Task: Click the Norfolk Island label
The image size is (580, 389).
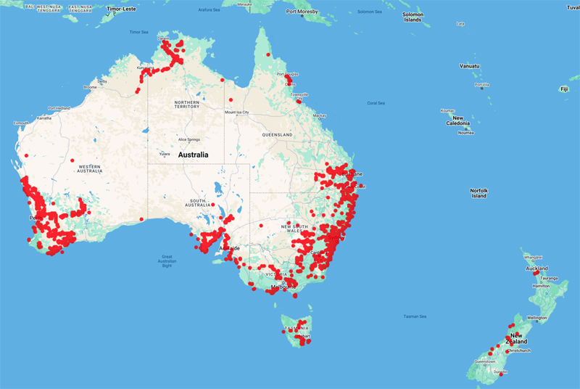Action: [478, 193]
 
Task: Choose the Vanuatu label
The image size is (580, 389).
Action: [469, 65]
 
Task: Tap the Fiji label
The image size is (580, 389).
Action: [563, 89]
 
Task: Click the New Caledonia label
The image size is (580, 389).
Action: [457, 121]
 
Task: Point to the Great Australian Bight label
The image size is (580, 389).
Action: [167, 261]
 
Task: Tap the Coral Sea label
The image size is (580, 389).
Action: [376, 103]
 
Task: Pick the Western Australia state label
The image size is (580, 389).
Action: [86, 168]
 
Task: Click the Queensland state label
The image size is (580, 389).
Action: [278, 135]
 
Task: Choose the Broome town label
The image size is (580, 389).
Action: [91, 87]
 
